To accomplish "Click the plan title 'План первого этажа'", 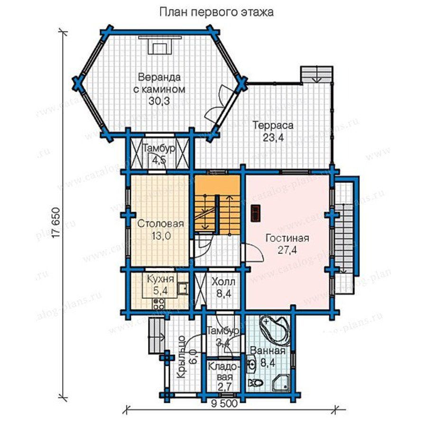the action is click(x=216, y=12).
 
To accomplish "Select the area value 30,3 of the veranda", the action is click(x=159, y=101).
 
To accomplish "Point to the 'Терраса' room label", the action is click(x=273, y=126).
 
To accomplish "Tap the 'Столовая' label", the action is click(x=160, y=224).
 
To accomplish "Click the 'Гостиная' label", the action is click(x=288, y=238).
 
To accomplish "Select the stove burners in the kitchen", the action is click(x=159, y=303).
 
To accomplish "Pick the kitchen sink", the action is click(x=182, y=288).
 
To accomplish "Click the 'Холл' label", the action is click(x=223, y=282).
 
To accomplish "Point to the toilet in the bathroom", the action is click(x=255, y=383).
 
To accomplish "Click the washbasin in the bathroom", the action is click(x=252, y=364).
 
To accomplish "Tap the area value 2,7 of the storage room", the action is click(x=224, y=386).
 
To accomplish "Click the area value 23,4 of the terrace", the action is click(x=273, y=138).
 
